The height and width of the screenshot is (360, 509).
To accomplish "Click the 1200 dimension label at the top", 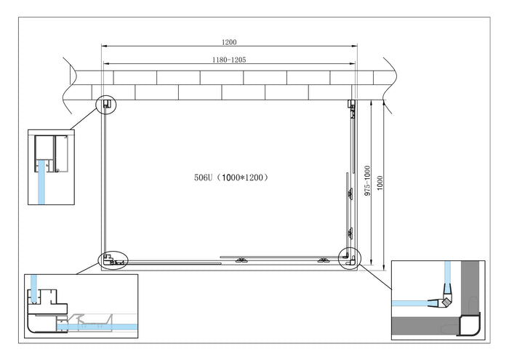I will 230,43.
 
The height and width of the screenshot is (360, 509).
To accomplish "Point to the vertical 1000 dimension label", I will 381,182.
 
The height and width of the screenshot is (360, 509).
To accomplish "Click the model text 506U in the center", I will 205,177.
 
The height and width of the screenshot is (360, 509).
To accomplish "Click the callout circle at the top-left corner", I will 106,105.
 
